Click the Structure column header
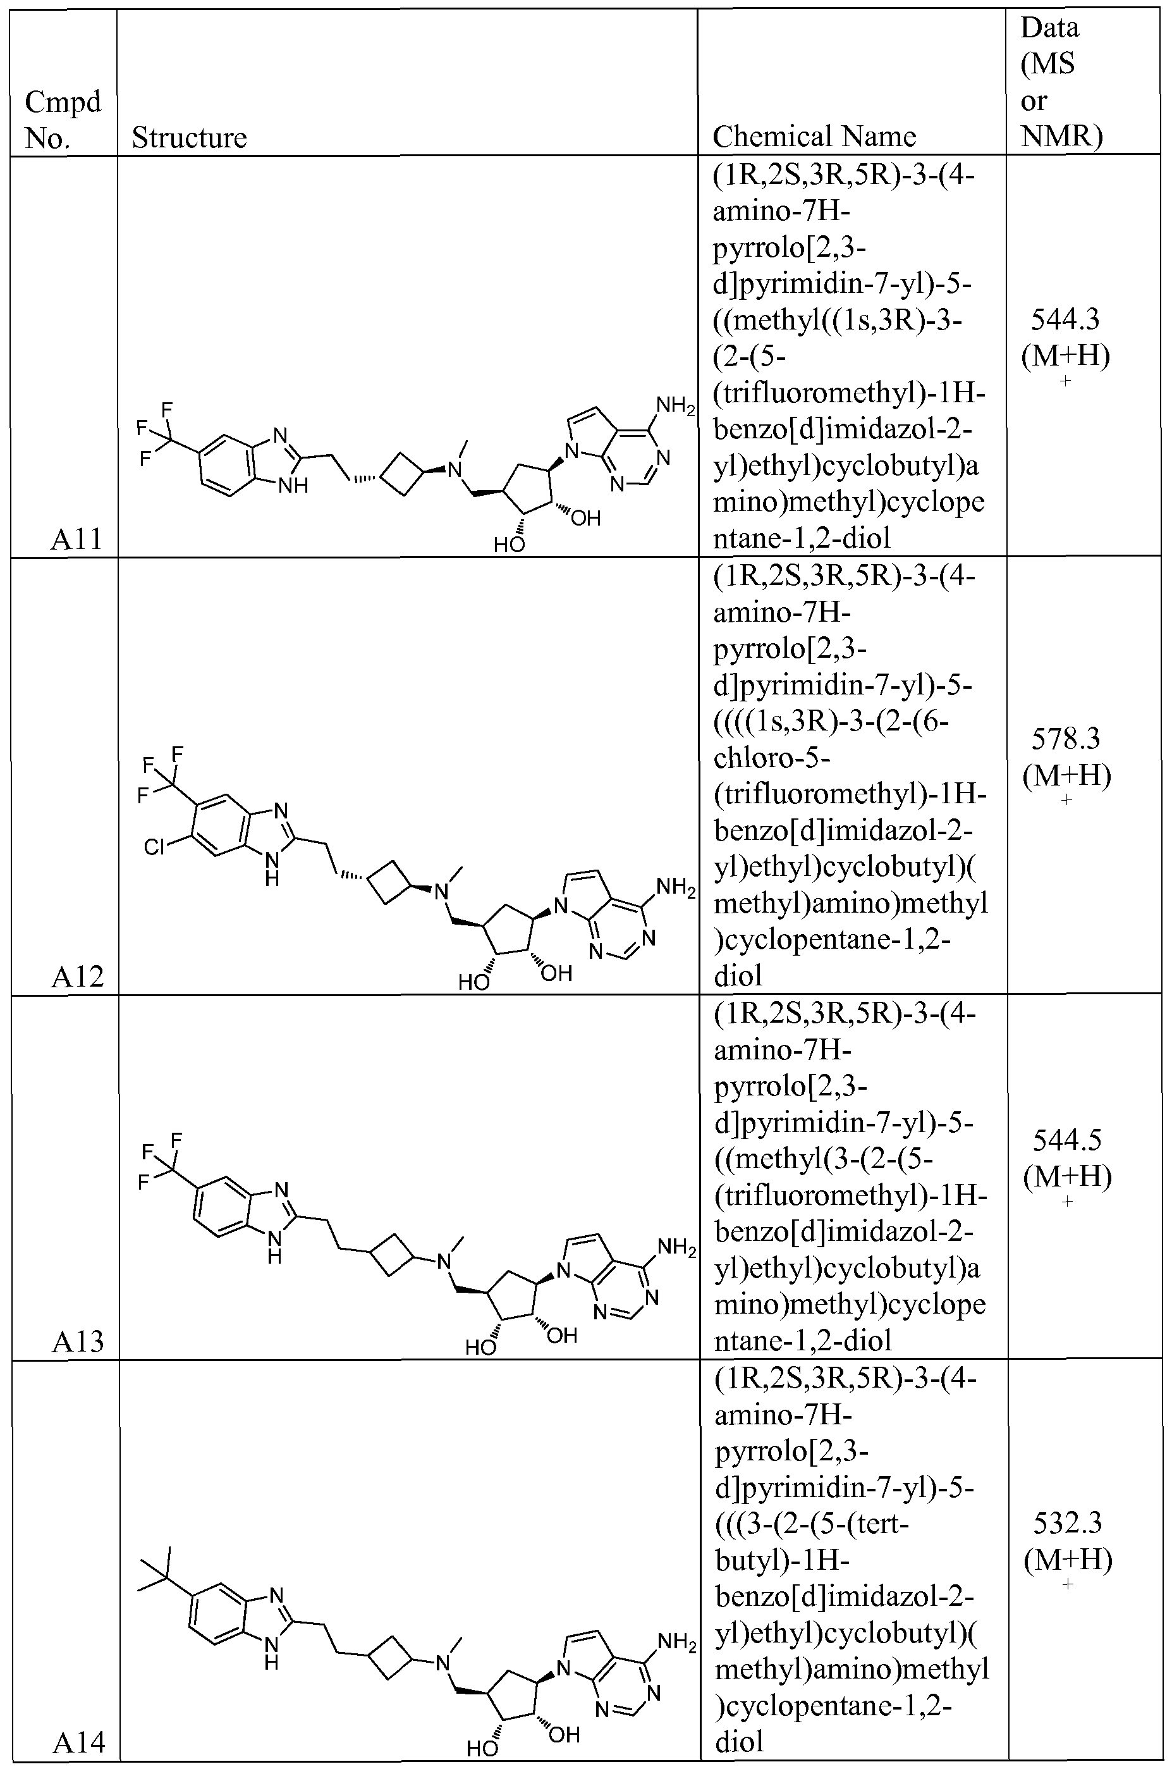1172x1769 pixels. coord(189,138)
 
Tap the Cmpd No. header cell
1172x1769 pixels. coord(63,120)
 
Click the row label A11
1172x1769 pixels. coord(76,538)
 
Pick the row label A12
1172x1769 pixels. coord(77,976)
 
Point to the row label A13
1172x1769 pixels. coord(78,1341)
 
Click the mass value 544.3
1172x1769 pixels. coord(1065,320)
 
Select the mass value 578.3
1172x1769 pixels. coord(1066,739)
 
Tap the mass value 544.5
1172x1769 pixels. coord(1066,1140)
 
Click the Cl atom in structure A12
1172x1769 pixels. coord(154,847)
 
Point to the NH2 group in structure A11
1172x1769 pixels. coord(675,407)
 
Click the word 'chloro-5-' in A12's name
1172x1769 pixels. coord(771,758)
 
